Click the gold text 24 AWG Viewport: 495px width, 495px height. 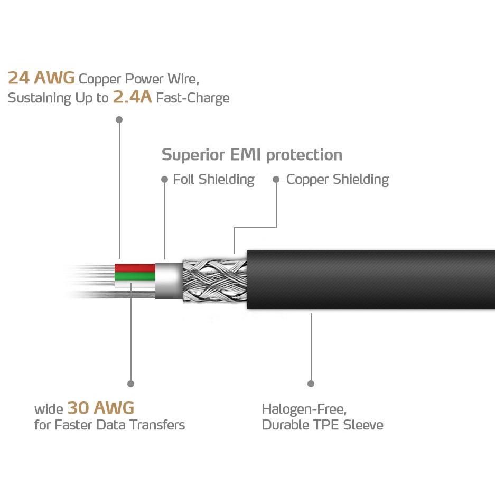pos(41,78)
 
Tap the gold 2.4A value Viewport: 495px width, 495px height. pos(133,97)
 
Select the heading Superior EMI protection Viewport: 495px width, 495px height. pos(252,155)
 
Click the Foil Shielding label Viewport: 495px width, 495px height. pos(214,180)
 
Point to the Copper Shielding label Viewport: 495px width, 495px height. pos(338,180)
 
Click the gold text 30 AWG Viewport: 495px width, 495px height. pos(101,407)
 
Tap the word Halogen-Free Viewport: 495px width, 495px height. pos(304,409)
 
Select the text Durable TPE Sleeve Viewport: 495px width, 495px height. pos(323,425)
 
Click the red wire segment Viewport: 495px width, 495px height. pos(135,268)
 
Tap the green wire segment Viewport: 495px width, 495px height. pos(135,276)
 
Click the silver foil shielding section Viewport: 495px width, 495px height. pos(169,281)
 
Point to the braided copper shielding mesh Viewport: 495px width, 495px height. pos(214,281)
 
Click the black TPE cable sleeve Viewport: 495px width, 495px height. pos(371,279)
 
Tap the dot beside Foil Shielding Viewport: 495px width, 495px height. pos(164,179)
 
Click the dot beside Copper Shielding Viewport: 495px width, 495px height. pos(276,179)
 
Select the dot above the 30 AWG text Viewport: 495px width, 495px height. pos(130,384)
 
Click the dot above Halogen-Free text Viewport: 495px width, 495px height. pos(311,384)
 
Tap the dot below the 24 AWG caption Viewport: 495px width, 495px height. pos(119,119)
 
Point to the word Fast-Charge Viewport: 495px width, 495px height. pos(193,98)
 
